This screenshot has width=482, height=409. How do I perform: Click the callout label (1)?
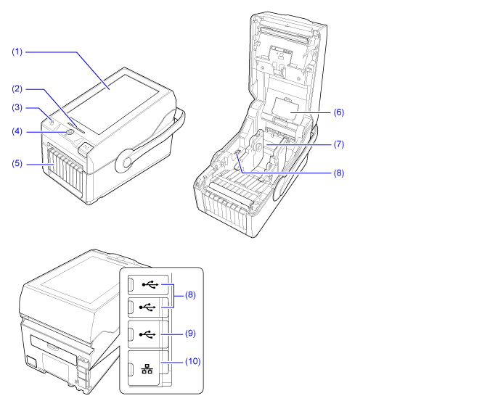[17, 52]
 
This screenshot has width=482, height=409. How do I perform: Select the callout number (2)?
[17, 88]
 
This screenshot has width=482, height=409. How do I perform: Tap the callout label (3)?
[17, 108]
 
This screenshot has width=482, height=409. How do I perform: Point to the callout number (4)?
[17, 131]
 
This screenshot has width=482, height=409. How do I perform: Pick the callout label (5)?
[17, 164]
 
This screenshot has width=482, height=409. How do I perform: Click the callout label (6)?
[338, 112]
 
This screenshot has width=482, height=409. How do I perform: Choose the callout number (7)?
[338, 144]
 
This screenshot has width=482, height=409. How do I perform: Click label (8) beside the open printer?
[338, 173]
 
